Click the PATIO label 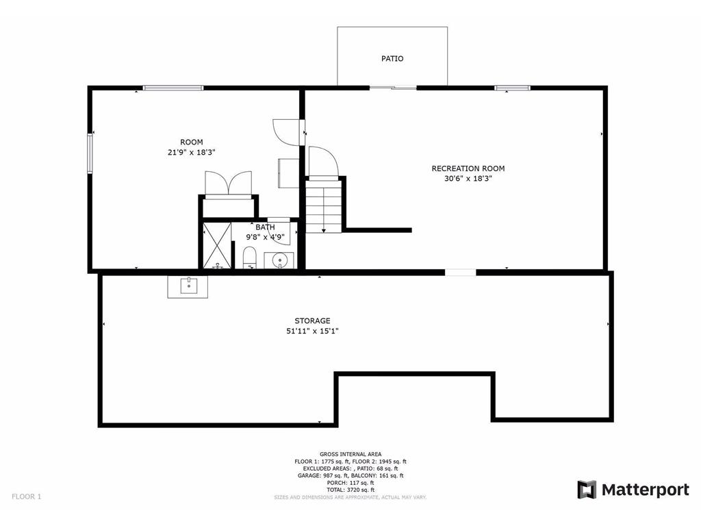pos(392,59)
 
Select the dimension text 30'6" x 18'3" pos(468,179)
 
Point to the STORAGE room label pos(312,321)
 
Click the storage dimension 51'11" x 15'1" pos(312,331)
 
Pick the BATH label pos(265,227)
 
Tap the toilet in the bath pos(249,258)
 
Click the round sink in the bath pos(280,260)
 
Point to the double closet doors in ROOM pos(229,184)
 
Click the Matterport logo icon pos(587,490)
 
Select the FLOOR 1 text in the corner pos(26,496)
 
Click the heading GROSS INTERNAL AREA pos(346,454)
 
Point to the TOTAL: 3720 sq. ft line pos(346,490)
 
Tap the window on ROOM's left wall pos(90,153)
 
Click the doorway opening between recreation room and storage pos(460,273)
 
